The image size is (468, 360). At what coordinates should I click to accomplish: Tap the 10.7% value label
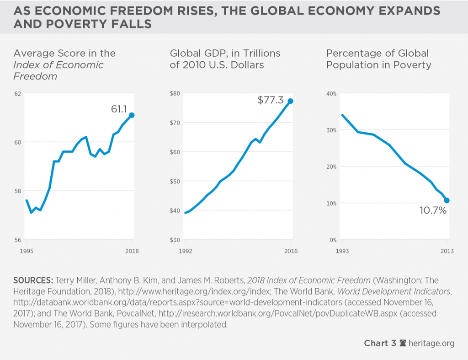pos(432,211)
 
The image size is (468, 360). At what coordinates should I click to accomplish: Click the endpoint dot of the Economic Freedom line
pos(132,115)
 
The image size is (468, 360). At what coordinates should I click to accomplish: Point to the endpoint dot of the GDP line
pos(291,101)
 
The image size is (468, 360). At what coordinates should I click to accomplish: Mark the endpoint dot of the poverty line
pos(447,200)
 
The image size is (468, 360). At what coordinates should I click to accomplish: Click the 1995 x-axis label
pos(27,251)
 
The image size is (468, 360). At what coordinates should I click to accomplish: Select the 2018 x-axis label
pos(132,251)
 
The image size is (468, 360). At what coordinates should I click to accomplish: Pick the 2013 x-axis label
pos(447,251)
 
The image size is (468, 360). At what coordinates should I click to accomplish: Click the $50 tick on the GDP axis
pos(175,181)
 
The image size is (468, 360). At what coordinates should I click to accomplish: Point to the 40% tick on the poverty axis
pos(331,93)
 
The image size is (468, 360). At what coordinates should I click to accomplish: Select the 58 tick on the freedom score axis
pos(18,191)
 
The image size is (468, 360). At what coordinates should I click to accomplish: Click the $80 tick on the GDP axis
pos(175,93)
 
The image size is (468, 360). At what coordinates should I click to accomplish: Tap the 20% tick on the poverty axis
pos(331,167)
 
